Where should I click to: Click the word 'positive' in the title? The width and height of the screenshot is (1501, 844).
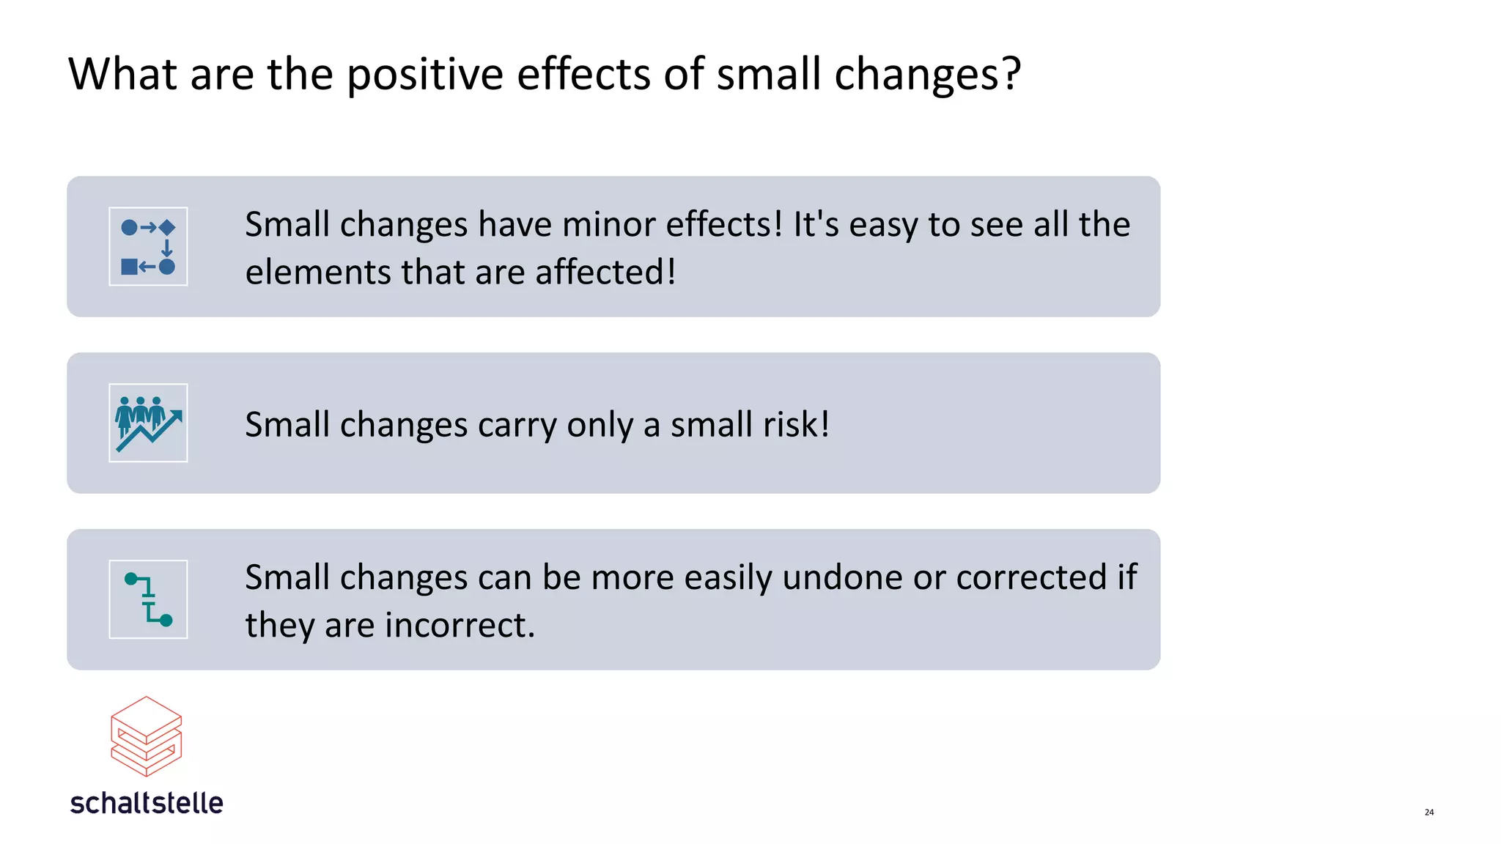(424, 75)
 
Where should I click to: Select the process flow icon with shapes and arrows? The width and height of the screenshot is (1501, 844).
(148, 246)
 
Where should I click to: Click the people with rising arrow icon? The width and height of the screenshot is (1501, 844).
(148, 423)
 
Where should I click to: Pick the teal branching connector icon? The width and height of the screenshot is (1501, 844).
(148, 599)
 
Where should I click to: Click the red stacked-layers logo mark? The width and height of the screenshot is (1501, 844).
(146, 736)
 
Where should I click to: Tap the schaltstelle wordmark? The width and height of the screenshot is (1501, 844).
(147, 803)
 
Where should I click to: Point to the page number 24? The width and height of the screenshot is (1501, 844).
(1428, 812)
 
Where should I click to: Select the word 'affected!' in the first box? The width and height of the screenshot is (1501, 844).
(605, 272)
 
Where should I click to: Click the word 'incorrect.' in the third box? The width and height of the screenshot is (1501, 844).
(460, 625)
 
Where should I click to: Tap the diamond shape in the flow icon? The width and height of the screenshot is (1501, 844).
(167, 227)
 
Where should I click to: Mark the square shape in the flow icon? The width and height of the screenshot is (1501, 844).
(129, 267)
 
